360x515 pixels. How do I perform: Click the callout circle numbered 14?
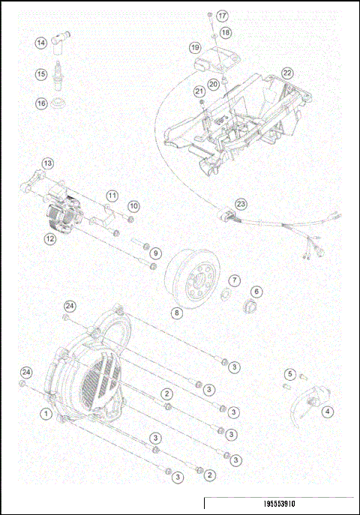tap(40, 43)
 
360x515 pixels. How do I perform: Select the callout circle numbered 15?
tap(40, 73)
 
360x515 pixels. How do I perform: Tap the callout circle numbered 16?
tap(40, 103)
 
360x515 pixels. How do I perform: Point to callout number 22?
tap(287, 73)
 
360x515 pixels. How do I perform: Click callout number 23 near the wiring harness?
tap(240, 203)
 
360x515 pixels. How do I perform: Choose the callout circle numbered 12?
tap(49, 239)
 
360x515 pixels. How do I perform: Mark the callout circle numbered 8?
tap(176, 313)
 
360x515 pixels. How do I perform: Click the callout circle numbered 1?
tap(46, 413)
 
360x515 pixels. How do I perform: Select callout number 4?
tap(328, 410)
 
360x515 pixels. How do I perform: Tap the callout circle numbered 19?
tap(195, 47)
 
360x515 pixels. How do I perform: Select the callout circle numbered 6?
tap(256, 292)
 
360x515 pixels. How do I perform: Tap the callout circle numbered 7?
tap(234, 280)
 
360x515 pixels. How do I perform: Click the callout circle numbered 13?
tap(47, 163)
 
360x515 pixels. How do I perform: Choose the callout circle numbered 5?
tap(289, 373)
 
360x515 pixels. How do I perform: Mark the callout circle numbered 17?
tap(222, 16)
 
